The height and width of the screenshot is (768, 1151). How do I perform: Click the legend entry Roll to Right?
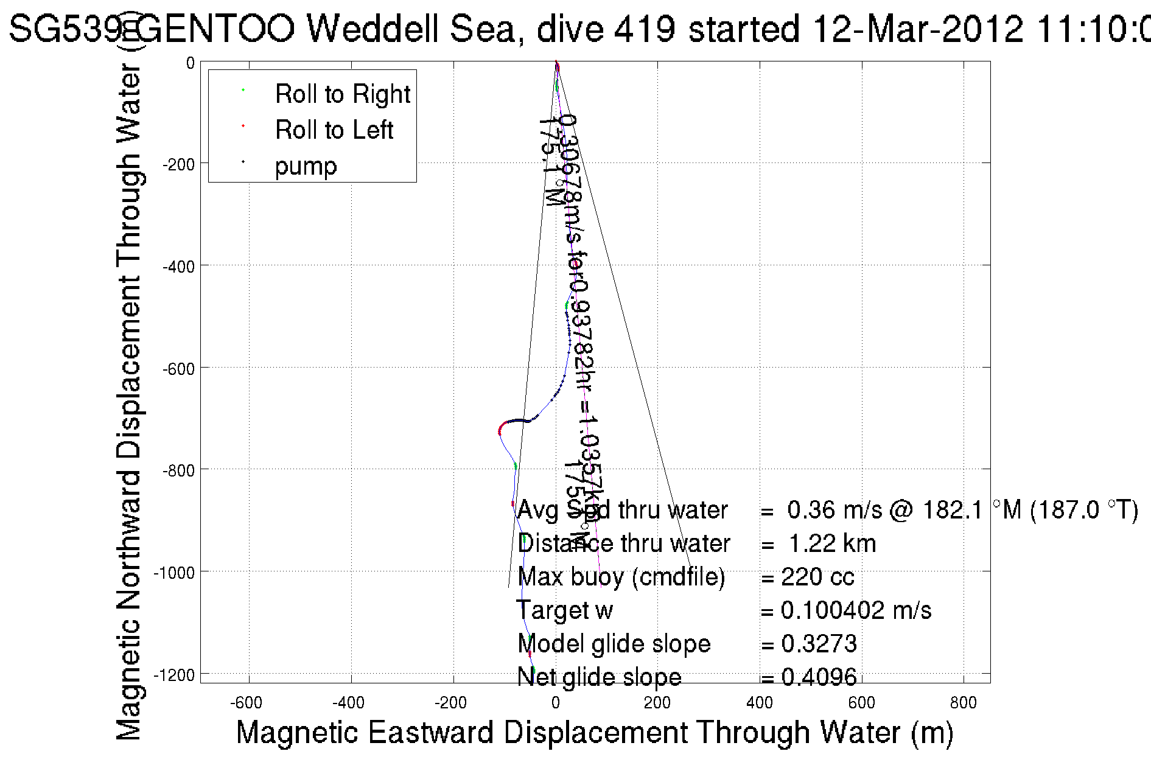click(342, 94)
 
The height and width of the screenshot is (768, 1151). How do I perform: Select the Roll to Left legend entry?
click(334, 130)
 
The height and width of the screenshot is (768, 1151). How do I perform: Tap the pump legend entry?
click(306, 166)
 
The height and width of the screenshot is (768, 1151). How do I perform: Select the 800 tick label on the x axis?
click(963, 703)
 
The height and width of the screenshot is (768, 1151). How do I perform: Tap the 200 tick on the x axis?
click(657, 703)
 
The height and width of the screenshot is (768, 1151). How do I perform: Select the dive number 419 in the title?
click(645, 29)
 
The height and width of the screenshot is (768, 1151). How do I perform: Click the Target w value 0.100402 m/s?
click(856, 610)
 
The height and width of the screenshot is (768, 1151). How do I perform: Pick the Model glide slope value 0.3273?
click(819, 644)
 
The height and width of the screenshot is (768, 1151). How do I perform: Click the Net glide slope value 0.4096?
click(819, 677)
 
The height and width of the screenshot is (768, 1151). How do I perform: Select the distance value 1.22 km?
click(832, 543)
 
